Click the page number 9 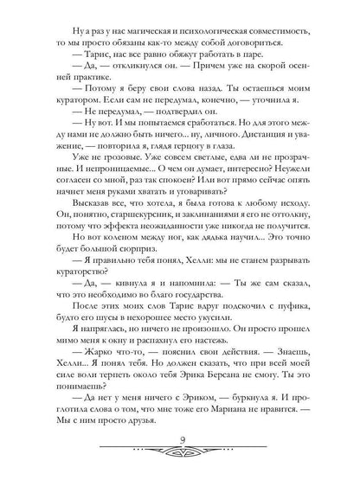tap(180, 447)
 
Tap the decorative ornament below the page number tap(180, 461)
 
